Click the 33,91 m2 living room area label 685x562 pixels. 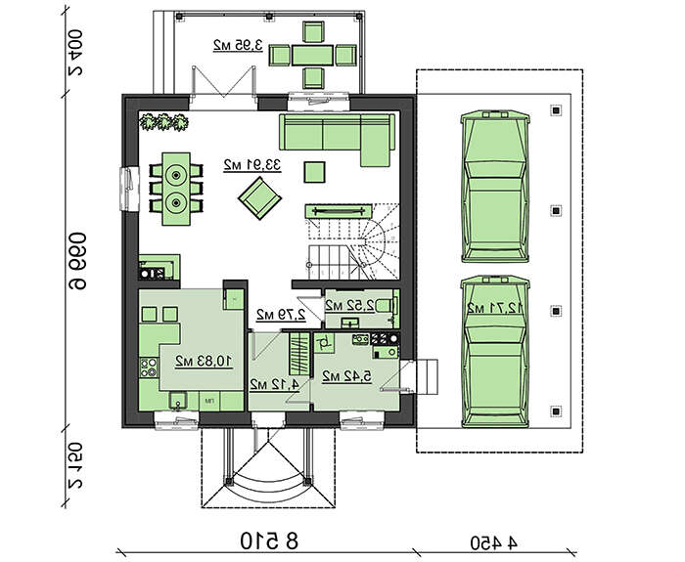click(252, 166)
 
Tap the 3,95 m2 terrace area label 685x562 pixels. click(238, 45)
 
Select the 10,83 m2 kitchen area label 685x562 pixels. click(204, 362)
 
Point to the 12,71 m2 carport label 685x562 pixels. click(494, 308)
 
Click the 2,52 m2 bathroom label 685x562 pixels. click(350, 306)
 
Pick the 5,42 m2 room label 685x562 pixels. click(346, 375)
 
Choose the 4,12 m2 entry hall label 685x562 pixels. click(274, 384)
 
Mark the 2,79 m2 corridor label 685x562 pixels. click(281, 315)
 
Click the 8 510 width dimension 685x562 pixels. click(269, 541)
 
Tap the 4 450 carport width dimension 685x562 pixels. click(493, 543)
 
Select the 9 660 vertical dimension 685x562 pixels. click(77, 261)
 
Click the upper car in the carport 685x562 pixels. click(495, 187)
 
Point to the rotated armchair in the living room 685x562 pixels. click(259, 198)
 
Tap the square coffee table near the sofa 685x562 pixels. click(314, 171)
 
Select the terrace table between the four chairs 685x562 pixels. click(312, 56)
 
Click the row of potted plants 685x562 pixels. click(163, 122)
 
